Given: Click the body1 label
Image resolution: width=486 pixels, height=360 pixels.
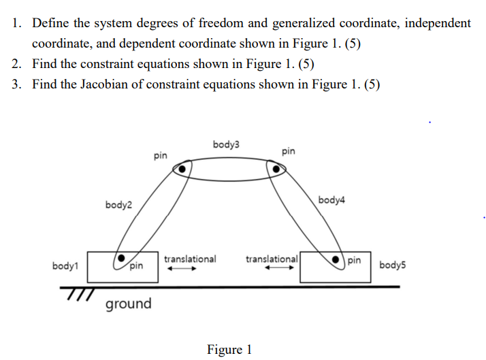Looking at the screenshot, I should [x=65, y=265].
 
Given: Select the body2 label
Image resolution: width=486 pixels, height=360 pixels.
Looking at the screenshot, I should [x=119, y=205].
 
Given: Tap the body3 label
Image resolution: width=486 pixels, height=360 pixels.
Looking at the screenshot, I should [x=226, y=144].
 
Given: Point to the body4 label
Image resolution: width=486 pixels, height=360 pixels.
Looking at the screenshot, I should [x=331, y=200].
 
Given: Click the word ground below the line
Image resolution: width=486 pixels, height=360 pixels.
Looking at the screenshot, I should [x=129, y=304].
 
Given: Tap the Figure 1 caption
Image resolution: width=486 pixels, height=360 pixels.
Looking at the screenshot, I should [x=229, y=350].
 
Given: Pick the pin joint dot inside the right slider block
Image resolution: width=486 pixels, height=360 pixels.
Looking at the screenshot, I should [x=336, y=260].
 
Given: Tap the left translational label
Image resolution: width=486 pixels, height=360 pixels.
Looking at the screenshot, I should [x=190, y=259].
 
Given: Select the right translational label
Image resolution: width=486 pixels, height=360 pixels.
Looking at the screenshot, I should [x=272, y=259].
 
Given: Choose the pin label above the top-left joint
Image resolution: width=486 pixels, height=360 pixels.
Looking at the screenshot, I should [x=161, y=156].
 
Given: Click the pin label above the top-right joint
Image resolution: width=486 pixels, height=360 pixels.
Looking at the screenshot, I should [x=288, y=150].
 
